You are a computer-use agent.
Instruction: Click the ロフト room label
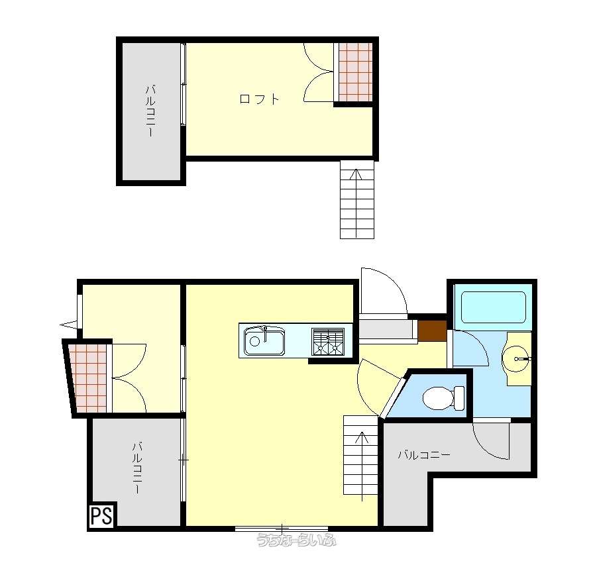click(x=260, y=99)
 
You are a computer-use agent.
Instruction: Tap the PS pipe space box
click(x=102, y=515)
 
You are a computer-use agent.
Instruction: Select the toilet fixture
click(x=443, y=398)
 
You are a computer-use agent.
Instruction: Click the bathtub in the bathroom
click(x=494, y=307)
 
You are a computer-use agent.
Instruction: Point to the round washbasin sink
click(x=517, y=358)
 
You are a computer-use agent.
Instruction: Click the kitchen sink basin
click(x=264, y=340)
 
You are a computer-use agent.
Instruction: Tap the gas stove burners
click(x=328, y=341)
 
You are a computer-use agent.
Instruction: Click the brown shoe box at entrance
click(x=432, y=331)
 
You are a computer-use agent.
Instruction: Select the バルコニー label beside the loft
click(x=150, y=111)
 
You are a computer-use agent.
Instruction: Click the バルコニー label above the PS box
click(x=137, y=468)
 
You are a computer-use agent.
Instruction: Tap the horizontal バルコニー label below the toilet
click(x=424, y=455)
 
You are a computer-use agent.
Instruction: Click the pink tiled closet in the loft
click(x=356, y=72)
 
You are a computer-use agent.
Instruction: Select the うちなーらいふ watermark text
click(x=296, y=540)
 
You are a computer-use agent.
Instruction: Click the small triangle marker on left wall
click(x=68, y=325)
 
